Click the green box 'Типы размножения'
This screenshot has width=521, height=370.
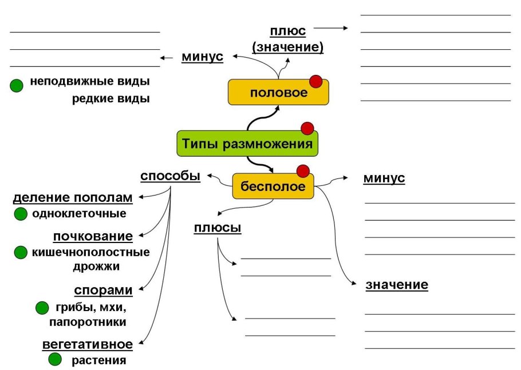point(247,144)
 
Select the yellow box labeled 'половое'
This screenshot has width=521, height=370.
point(278,93)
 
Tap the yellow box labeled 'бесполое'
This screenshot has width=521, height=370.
point(273,186)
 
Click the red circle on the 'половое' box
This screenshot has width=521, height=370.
point(315,81)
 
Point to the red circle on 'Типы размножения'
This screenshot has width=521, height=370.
point(307,128)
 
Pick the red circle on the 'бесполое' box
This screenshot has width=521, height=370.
point(303,170)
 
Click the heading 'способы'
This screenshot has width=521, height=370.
point(170,176)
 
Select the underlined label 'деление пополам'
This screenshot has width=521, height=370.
point(73,198)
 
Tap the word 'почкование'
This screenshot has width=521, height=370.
point(93,236)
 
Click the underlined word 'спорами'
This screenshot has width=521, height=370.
point(103,291)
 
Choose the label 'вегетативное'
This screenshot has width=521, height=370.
point(88,344)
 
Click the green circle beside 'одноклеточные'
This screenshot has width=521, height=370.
point(21,214)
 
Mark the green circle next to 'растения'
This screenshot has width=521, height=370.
point(55,360)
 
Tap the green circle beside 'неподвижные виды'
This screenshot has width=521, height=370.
point(17,86)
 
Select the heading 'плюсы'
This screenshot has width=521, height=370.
point(218,228)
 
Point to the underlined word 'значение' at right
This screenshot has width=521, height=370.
point(396,285)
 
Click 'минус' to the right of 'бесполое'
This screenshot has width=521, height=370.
point(384,178)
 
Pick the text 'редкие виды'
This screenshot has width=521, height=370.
point(110,99)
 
